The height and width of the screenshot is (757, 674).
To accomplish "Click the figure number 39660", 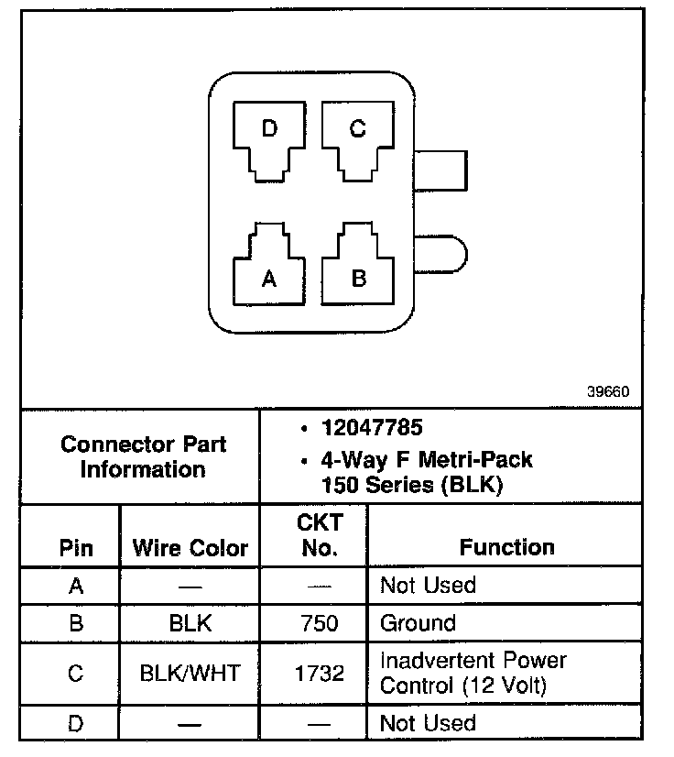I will coord(608,391).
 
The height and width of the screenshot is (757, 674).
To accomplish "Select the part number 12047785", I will coord(371,428).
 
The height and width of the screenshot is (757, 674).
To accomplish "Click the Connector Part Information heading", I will coord(144,457).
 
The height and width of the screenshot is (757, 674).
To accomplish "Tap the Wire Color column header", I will coord(190,548).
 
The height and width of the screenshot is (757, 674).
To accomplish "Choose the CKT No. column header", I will coord(319,535).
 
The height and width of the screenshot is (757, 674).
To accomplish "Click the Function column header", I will coord(506,547).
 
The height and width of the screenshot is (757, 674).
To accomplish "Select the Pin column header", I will coord(76,548).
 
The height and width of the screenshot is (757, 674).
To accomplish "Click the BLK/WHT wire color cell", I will coord(190,674).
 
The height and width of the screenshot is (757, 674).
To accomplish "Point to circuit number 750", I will coord(319,624).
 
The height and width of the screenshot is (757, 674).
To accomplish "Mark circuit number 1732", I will coord(319,674).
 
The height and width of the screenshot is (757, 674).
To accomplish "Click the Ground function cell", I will coord(418,624).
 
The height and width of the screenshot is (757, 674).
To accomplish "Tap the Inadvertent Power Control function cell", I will coord(473,673).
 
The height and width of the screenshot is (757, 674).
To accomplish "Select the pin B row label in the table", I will coord(76,624).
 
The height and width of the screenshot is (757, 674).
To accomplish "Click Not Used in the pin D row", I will coord(428,723).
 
